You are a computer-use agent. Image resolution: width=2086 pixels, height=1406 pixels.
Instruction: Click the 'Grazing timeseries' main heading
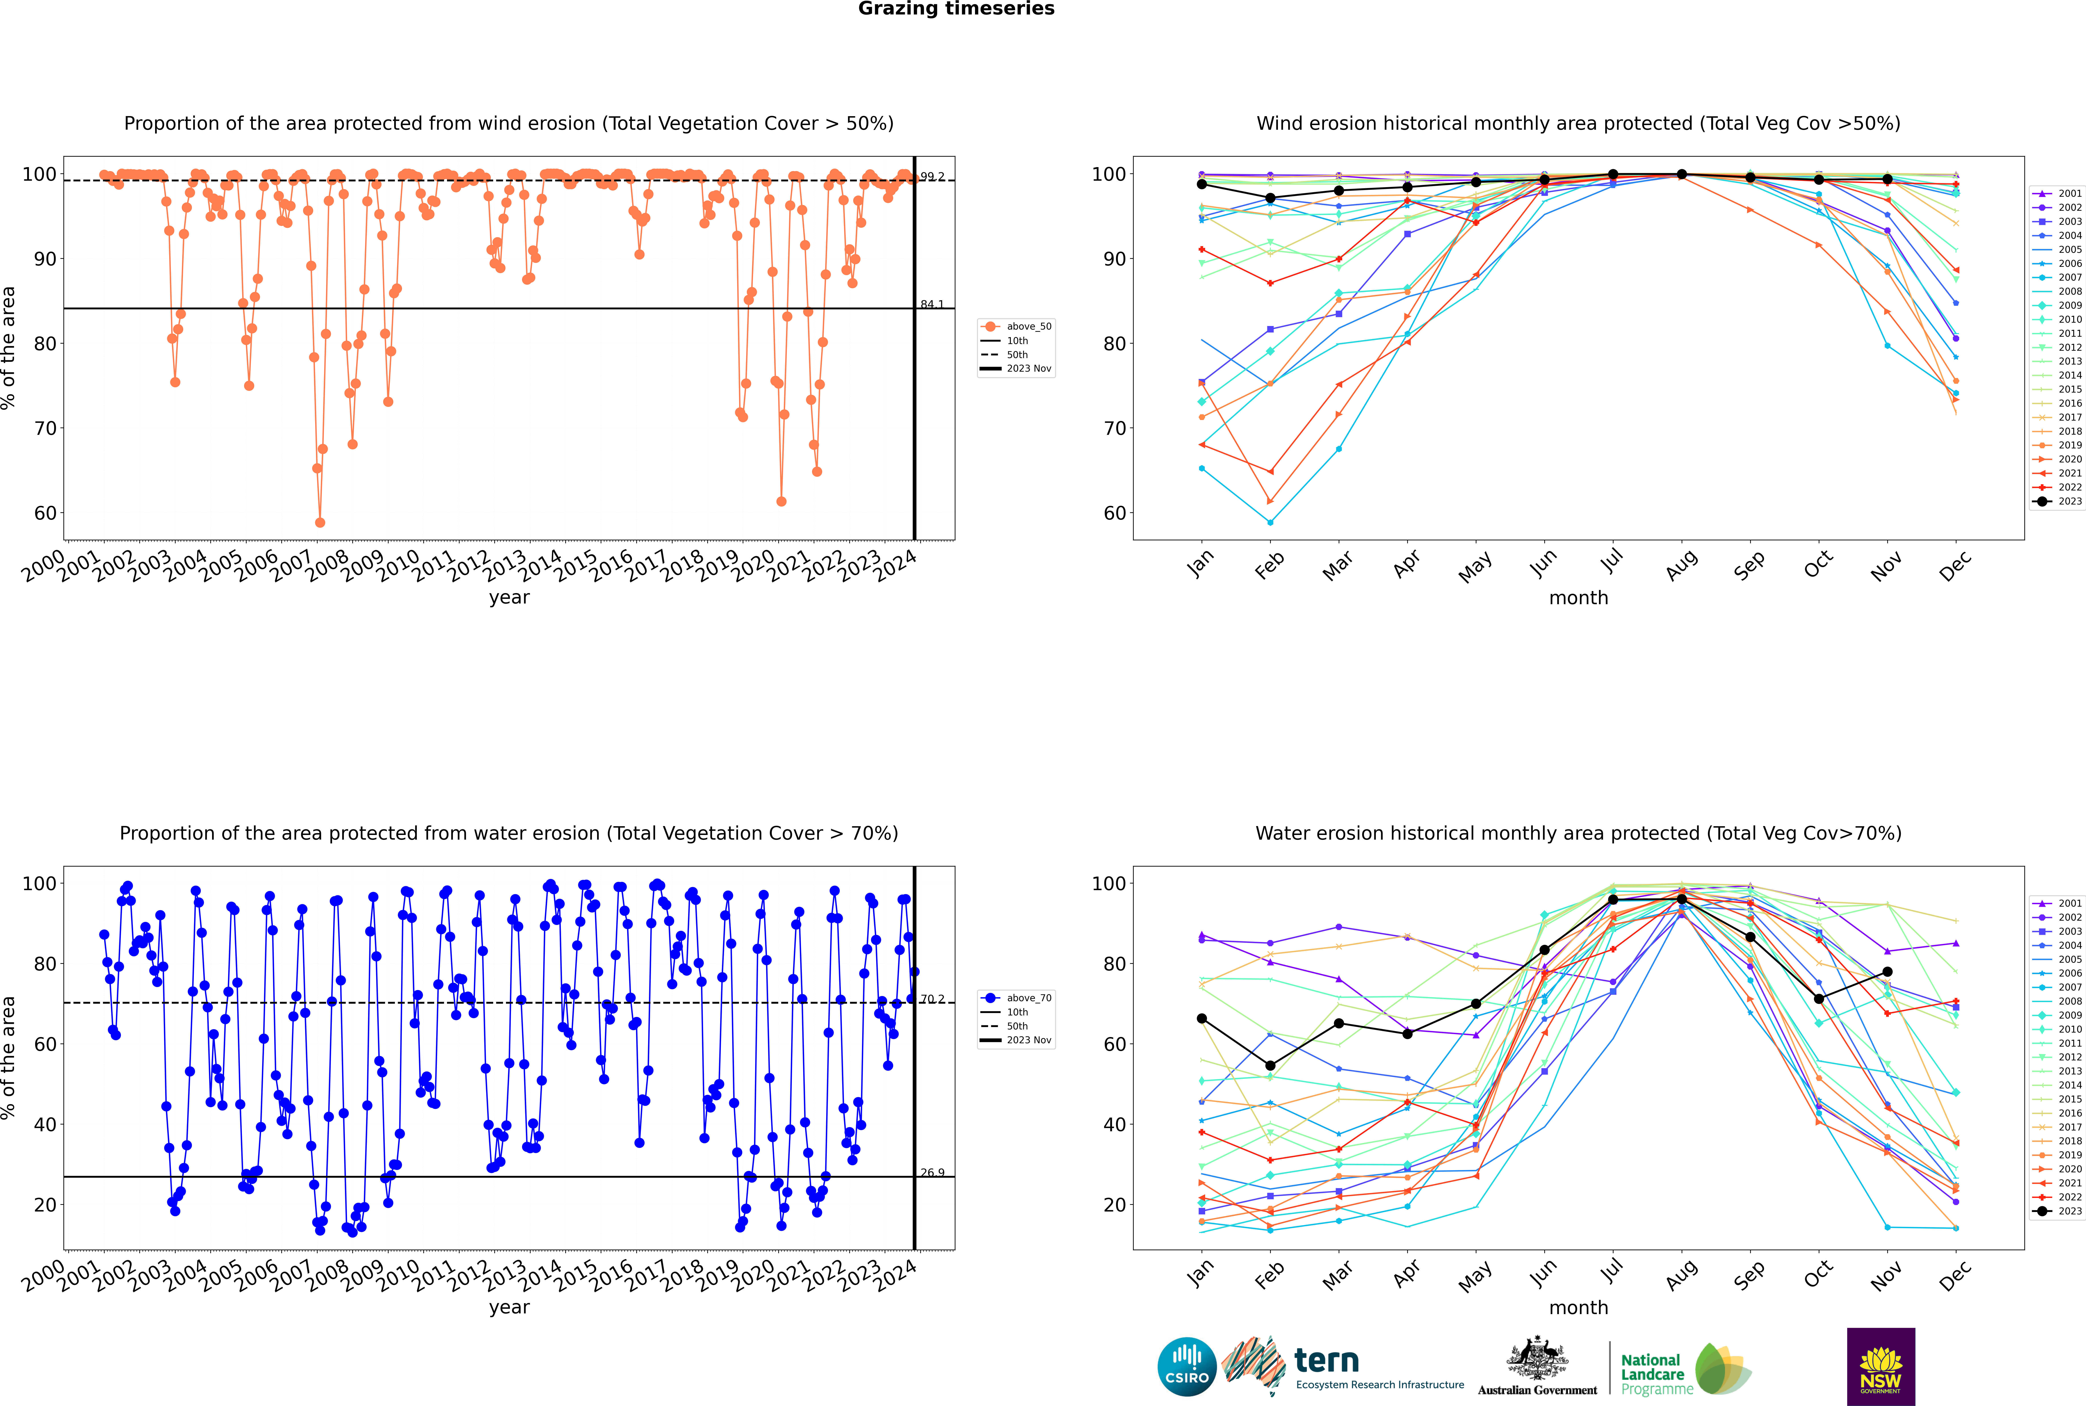pyautogui.click(x=956, y=9)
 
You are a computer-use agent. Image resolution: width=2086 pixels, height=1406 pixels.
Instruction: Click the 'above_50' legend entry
pyautogui.click(x=1016, y=326)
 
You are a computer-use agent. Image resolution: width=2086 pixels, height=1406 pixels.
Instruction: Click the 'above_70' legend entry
pyautogui.click(x=1016, y=998)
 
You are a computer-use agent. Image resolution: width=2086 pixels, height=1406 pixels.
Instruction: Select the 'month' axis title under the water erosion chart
pyautogui.click(x=1578, y=1308)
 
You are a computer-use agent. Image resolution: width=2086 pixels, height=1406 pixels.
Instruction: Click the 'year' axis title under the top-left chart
pyautogui.click(x=509, y=598)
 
